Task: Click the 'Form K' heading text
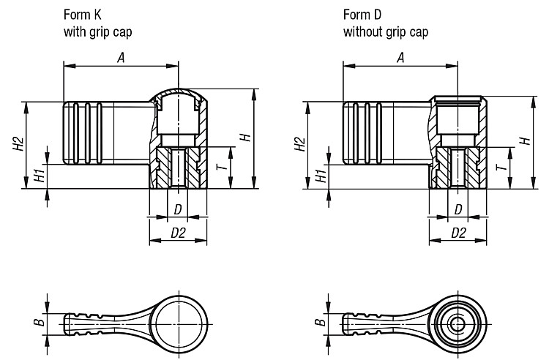tap(83, 15)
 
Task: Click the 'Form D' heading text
tap(362, 15)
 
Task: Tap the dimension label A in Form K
tap(121, 58)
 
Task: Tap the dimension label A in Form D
tap(400, 58)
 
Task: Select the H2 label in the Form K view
tap(18, 143)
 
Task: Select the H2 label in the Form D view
tap(299, 144)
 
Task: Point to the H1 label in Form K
tap(40, 175)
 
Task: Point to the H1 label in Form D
tap(321, 176)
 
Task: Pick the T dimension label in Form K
tap(222, 167)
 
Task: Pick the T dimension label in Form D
tap(501, 167)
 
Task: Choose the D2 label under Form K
tap(178, 233)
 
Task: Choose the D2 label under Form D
tap(458, 233)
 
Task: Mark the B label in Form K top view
tap(40, 322)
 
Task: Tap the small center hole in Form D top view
tap(457, 324)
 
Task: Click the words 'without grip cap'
tap(386, 32)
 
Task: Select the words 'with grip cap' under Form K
tap(97, 32)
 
